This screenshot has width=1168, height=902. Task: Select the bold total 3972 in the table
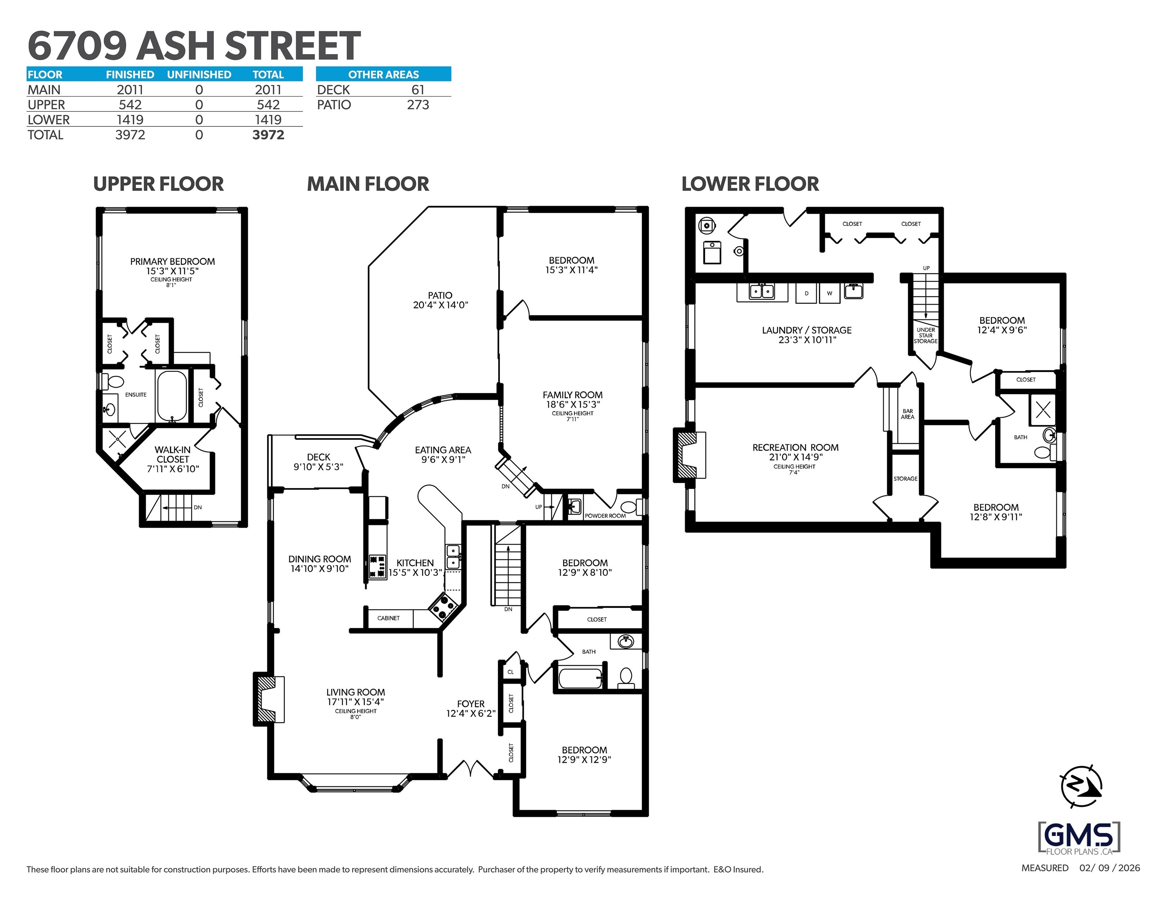point(268,135)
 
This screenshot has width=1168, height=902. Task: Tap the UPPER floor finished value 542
point(130,105)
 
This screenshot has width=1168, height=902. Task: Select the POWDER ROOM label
point(605,516)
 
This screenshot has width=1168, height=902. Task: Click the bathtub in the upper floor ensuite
point(171,396)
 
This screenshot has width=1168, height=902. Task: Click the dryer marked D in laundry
point(806,293)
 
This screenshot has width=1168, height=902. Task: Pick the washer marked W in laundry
point(830,293)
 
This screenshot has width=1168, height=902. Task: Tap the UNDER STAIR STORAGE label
point(925,335)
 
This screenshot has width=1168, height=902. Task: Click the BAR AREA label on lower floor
point(907,414)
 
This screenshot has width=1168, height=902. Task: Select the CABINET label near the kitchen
point(388,618)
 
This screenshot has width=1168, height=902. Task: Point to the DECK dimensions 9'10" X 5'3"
point(318,467)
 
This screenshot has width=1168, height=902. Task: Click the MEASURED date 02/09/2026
point(1109,868)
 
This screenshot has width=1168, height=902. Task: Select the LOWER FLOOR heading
point(749,184)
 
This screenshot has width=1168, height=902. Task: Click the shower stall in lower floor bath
point(1043,410)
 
